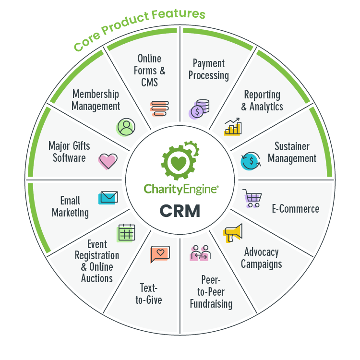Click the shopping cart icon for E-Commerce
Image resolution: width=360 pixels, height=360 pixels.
tap(252, 197)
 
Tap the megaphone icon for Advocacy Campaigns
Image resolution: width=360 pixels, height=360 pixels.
tap(234, 233)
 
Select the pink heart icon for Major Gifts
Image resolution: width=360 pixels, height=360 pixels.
tap(108, 161)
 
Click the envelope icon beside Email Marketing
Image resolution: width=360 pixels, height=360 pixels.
tap(108, 197)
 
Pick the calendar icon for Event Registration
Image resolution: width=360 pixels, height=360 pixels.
tap(126, 233)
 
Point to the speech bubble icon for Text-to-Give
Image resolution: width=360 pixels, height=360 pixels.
tap(160, 254)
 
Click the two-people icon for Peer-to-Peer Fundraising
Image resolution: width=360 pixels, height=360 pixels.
tap(200, 254)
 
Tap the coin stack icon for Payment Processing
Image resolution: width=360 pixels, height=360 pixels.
tap(199, 108)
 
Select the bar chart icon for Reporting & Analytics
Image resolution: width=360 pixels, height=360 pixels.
tap(234, 126)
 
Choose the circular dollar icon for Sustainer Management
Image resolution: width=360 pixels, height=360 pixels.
tap(251, 161)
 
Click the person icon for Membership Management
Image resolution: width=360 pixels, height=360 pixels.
tap(126, 127)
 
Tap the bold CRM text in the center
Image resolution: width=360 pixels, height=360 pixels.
tap(180, 210)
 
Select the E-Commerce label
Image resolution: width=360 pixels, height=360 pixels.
tap(295, 209)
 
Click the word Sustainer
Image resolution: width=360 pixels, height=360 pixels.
tap(292, 146)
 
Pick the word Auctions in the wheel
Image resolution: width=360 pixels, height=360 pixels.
tap(96, 278)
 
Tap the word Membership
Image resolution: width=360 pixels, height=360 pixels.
tap(96, 94)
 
